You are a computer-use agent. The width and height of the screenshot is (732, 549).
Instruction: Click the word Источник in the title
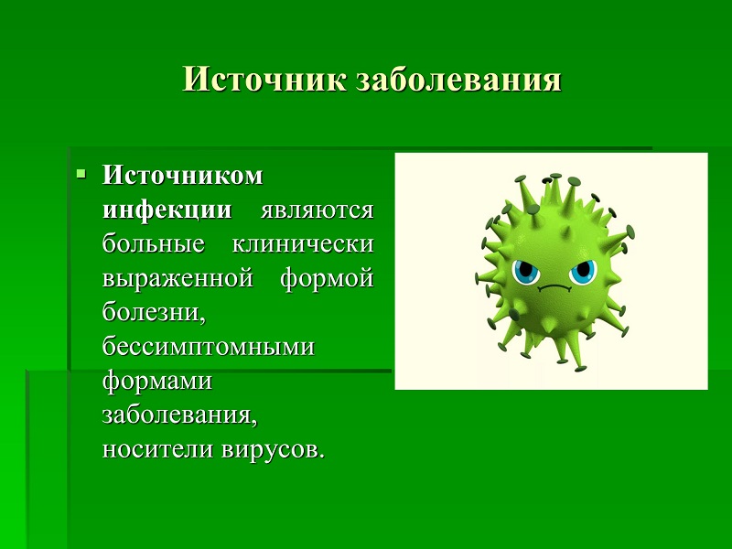(x=264, y=80)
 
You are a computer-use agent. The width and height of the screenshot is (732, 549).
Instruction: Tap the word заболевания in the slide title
(x=459, y=81)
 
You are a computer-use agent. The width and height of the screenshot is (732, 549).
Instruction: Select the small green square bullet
(x=81, y=175)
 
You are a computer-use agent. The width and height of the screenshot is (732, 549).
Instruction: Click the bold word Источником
(x=182, y=176)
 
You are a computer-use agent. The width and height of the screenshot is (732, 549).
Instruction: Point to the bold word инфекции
(x=167, y=210)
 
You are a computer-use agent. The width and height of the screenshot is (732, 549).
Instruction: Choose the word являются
(x=317, y=210)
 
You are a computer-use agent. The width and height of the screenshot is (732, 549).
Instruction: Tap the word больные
(x=154, y=243)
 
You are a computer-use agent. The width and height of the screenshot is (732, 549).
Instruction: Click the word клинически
(x=303, y=244)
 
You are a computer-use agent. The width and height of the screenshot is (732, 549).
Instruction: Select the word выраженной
(x=178, y=279)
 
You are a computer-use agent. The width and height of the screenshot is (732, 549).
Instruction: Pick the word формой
(x=328, y=279)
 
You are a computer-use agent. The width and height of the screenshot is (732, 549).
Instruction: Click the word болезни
(x=154, y=311)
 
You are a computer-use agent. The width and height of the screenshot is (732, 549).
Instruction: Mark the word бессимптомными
(x=209, y=347)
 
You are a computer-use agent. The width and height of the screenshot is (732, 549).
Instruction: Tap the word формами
(x=157, y=382)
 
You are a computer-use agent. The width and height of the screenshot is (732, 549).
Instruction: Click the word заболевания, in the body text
(x=179, y=415)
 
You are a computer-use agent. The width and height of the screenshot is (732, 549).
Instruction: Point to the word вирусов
(x=272, y=449)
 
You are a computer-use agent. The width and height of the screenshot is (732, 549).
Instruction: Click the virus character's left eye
(x=526, y=272)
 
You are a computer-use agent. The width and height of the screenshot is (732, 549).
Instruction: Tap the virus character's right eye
(x=583, y=272)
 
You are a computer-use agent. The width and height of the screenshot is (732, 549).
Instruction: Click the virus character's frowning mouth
(x=554, y=288)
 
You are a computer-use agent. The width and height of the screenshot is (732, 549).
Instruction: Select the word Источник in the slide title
(x=264, y=80)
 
